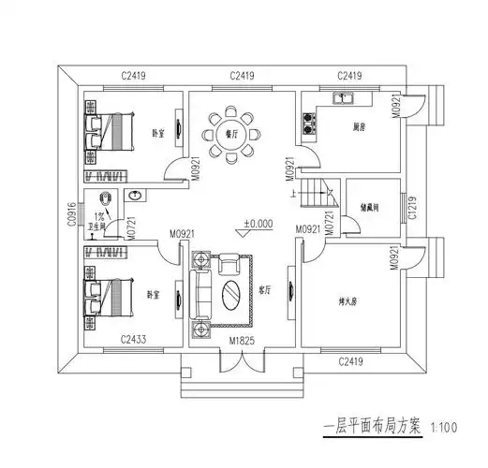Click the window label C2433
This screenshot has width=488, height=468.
136,339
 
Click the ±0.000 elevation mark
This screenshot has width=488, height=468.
258,225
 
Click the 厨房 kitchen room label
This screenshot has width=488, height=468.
360,127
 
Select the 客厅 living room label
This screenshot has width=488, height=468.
265,291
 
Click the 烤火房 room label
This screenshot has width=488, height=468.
350,301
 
